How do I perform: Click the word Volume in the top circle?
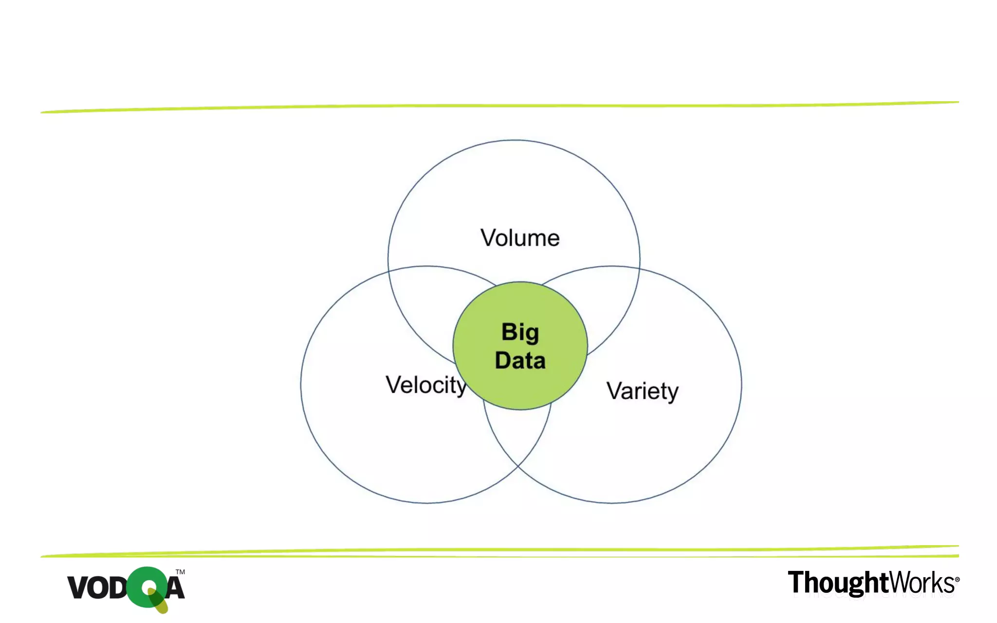click(x=520, y=238)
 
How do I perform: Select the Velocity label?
click(x=426, y=385)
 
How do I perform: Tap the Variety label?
click(x=642, y=391)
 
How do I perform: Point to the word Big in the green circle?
click(x=520, y=333)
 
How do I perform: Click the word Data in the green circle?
click(x=520, y=361)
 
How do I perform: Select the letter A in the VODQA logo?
click(x=175, y=587)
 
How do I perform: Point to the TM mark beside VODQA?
click(x=180, y=572)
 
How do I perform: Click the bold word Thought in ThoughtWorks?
click(x=838, y=583)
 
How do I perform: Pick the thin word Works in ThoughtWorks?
click(x=921, y=583)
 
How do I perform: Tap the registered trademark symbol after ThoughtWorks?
click(x=957, y=579)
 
